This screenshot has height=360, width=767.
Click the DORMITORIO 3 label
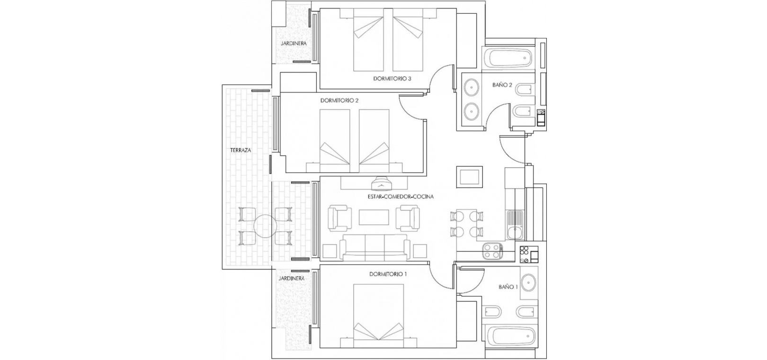coord(392,79)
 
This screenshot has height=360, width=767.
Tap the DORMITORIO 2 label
coord(339,101)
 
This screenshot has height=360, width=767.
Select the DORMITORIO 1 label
coord(388,274)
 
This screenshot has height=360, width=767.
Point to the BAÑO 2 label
coord(502,85)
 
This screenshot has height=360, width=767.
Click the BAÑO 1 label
coord(508,287)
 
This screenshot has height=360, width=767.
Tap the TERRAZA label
coord(241,150)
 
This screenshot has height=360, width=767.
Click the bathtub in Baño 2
coord(508,59)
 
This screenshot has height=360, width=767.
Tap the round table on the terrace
coord(265,226)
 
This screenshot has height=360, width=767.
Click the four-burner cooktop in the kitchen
coord(492,251)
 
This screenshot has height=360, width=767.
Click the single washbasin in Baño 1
coord(529,283)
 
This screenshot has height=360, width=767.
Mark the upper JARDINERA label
coord(294,44)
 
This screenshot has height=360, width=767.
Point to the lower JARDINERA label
coord(291,279)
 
